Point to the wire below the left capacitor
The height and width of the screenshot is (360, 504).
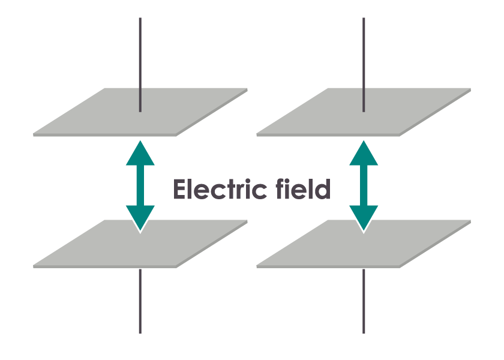pyautogui.click(x=140, y=300)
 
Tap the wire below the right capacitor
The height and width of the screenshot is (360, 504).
pyautogui.click(x=364, y=300)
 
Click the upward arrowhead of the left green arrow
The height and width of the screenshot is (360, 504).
pyautogui.click(x=140, y=155)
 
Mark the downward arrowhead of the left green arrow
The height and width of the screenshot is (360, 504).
pyautogui.click(x=140, y=217)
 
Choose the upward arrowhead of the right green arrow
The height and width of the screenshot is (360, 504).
pyautogui.click(x=364, y=155)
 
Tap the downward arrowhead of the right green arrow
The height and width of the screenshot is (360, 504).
pyautogui.click(x=364, y=217)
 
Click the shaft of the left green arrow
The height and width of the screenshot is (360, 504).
pyautogui.click(x=140, y=186)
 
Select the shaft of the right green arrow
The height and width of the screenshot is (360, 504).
pyautogui.click(x=364, y=186)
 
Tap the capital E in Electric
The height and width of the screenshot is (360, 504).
pyautogui.click(x=180, y=190)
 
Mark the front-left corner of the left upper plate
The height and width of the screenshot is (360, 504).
pyautogui.click(x=35, y=134)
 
